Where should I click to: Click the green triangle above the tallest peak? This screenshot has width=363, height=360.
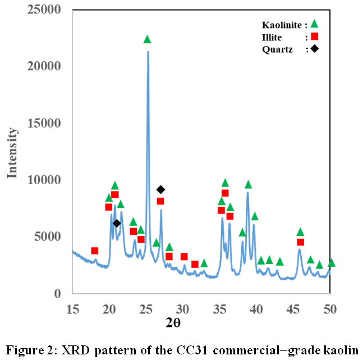(147, 39)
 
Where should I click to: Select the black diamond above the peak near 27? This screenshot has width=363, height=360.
(160, 189)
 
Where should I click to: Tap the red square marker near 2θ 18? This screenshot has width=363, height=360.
(95, 250)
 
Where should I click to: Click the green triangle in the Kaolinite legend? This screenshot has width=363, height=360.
(314, 24)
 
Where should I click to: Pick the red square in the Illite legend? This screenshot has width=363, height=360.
(314, 37)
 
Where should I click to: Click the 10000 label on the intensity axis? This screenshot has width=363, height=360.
(47, 180)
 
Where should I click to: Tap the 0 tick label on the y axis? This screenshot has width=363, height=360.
(62, 294)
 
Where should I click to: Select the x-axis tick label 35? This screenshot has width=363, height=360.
(220, 308)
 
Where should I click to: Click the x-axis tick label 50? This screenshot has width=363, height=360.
(330, 308)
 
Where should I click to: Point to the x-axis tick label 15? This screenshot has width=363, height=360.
(72, 308)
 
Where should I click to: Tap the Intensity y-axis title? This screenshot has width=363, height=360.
(12, 152)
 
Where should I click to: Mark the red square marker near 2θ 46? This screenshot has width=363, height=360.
(301, 242)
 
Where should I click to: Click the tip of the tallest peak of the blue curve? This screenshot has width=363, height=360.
(148, 52)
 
